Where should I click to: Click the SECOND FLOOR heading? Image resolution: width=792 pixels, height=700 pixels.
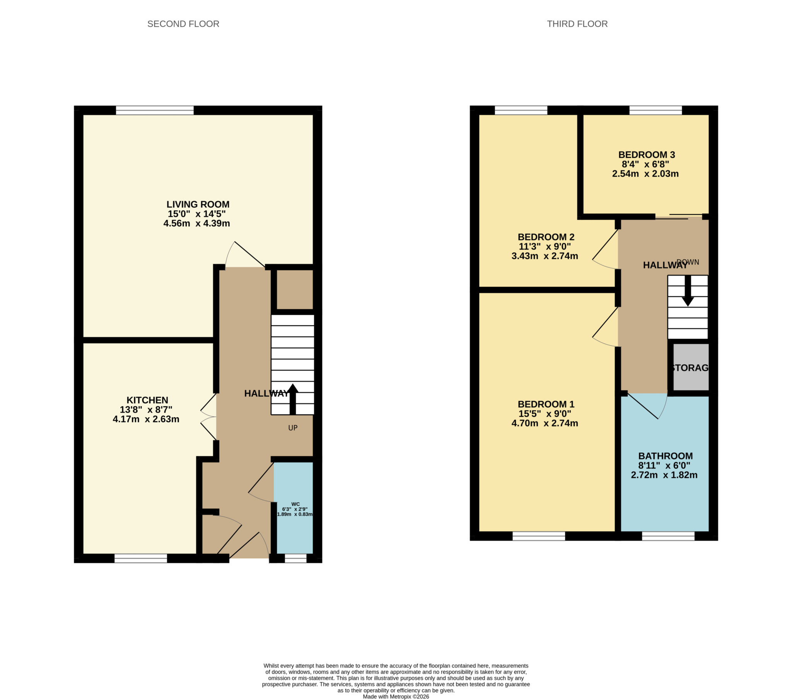[x=183, y=24]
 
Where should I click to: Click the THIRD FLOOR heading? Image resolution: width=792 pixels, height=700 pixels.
[x=577, y=24]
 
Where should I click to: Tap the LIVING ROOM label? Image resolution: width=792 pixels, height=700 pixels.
[x=198, y=204]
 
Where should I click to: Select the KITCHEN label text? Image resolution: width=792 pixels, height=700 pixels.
[x=147, y=400]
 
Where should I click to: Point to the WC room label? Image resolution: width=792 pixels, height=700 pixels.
[x=295, y=504]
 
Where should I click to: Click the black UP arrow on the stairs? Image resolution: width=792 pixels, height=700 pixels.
[x=292, y=399]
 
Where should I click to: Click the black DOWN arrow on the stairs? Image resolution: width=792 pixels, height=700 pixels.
[x=688, y=291]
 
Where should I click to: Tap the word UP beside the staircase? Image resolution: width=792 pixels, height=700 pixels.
[x=292, y=428]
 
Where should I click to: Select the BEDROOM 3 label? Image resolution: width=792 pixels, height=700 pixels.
[x=646, y=155]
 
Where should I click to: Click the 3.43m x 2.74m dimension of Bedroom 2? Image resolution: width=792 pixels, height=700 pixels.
[x=544, y=256]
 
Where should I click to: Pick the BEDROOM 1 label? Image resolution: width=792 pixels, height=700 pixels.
[x=546, y=404]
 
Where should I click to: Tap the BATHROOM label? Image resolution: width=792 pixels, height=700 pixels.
[x=665, y=456]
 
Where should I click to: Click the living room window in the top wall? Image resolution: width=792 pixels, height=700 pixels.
[x=155, y=110]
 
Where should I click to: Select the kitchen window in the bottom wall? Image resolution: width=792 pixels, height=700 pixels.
[x=140, y=558]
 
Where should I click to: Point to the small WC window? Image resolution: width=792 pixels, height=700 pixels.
[x=295, y=558]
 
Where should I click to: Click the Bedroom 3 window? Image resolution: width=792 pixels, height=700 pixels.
[x=655, y=110]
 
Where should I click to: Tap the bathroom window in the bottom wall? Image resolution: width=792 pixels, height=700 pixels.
[x=668, y=536]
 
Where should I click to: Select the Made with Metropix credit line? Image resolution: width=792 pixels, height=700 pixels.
[x=396, y=697]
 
